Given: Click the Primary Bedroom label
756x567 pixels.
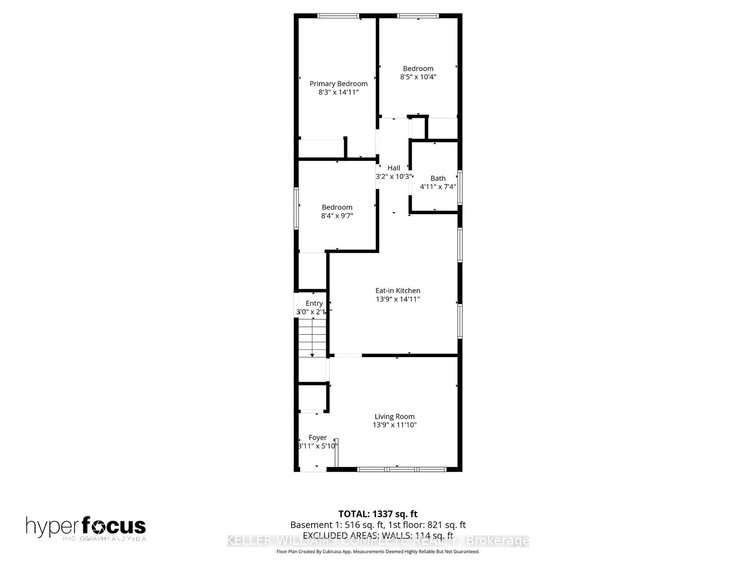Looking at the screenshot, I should pos(338,84).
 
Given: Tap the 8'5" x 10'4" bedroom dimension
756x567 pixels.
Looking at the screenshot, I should pos(418,77).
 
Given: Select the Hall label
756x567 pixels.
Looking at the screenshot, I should pos(394,168).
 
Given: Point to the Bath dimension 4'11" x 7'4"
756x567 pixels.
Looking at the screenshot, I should pos(438,187).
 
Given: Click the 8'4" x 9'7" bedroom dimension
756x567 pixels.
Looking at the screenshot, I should pos(337,216).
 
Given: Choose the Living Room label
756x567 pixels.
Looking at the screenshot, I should pos(394,416).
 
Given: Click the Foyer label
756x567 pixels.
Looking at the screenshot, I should pos(318,437).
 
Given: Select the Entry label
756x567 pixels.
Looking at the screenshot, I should pos(314,303).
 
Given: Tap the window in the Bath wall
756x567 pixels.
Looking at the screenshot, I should pos(460,187).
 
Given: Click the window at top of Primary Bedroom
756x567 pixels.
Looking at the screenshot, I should pos(338,16).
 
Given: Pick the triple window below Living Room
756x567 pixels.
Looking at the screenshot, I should pos(402,470).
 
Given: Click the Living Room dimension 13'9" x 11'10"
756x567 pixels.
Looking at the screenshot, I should pos(394,425).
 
